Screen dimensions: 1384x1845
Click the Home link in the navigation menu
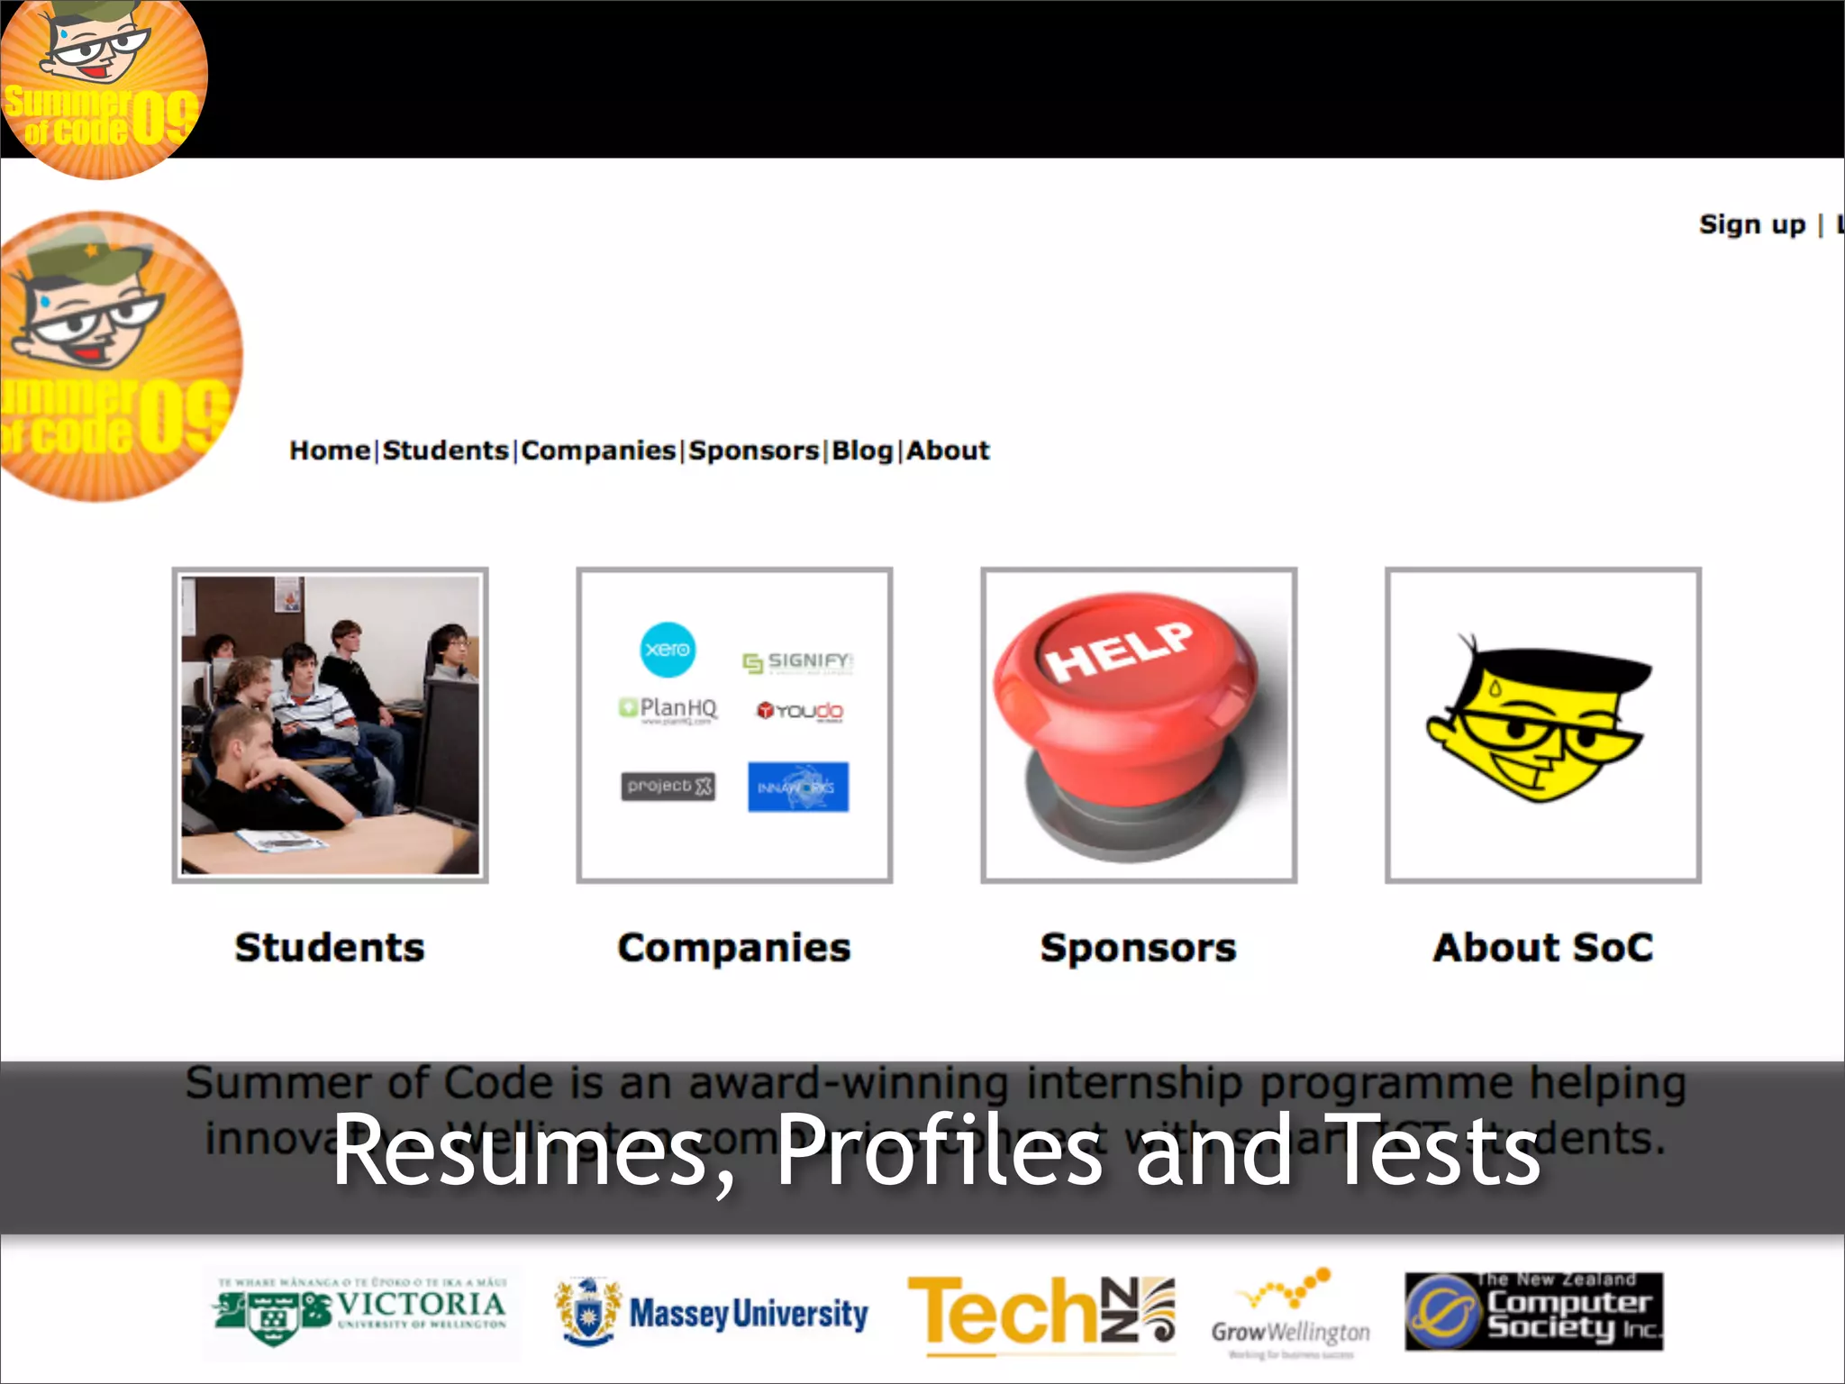pos(329,450)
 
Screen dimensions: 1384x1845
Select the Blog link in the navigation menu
pos(861,450)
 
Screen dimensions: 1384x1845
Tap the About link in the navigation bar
pos(948,450)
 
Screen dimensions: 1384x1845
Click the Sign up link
pos(1751,224)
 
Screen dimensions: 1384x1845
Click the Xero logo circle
pos(668,649)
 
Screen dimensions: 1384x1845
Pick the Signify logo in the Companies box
pos(797,661)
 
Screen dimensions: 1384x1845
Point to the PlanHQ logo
pos(668,709)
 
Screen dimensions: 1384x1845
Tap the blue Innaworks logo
pos(797,787)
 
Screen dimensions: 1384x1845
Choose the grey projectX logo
pos(668,786)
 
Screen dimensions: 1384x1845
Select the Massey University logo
pos(712,1313)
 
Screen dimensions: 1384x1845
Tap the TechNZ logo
pos(1041,1313)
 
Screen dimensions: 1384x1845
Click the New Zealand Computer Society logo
pos(1533,1312)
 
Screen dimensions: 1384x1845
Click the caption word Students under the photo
pos(330,947)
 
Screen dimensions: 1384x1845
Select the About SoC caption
pos(1542,947)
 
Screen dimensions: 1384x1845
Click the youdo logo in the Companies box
pos(800,711)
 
